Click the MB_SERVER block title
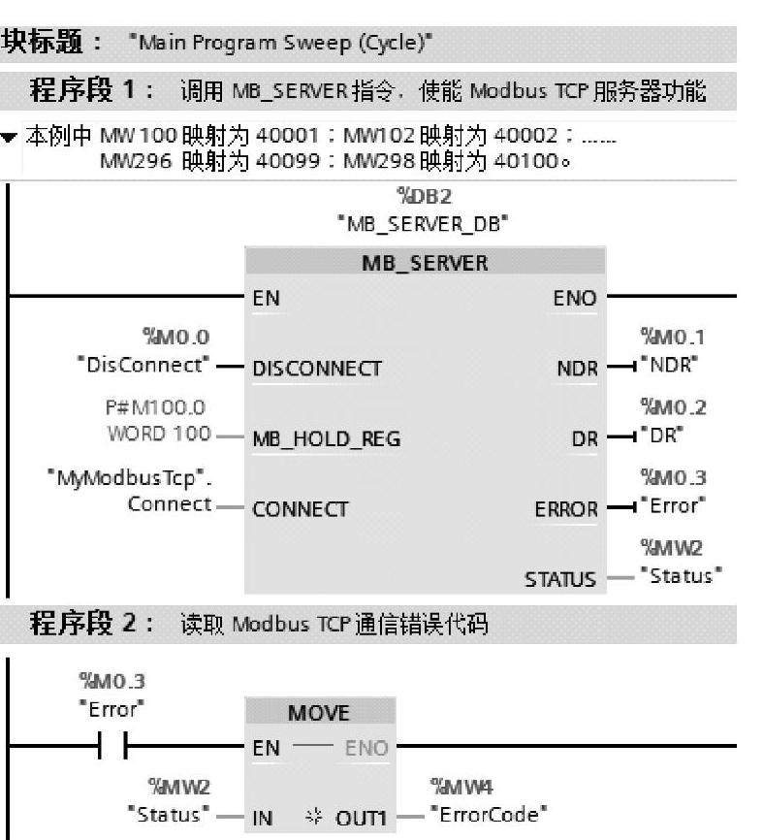(x=424, y=262)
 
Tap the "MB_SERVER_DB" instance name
(x=424, y=223)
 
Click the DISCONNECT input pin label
(x=315, y=370)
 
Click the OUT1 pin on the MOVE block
(x=356, y=812)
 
